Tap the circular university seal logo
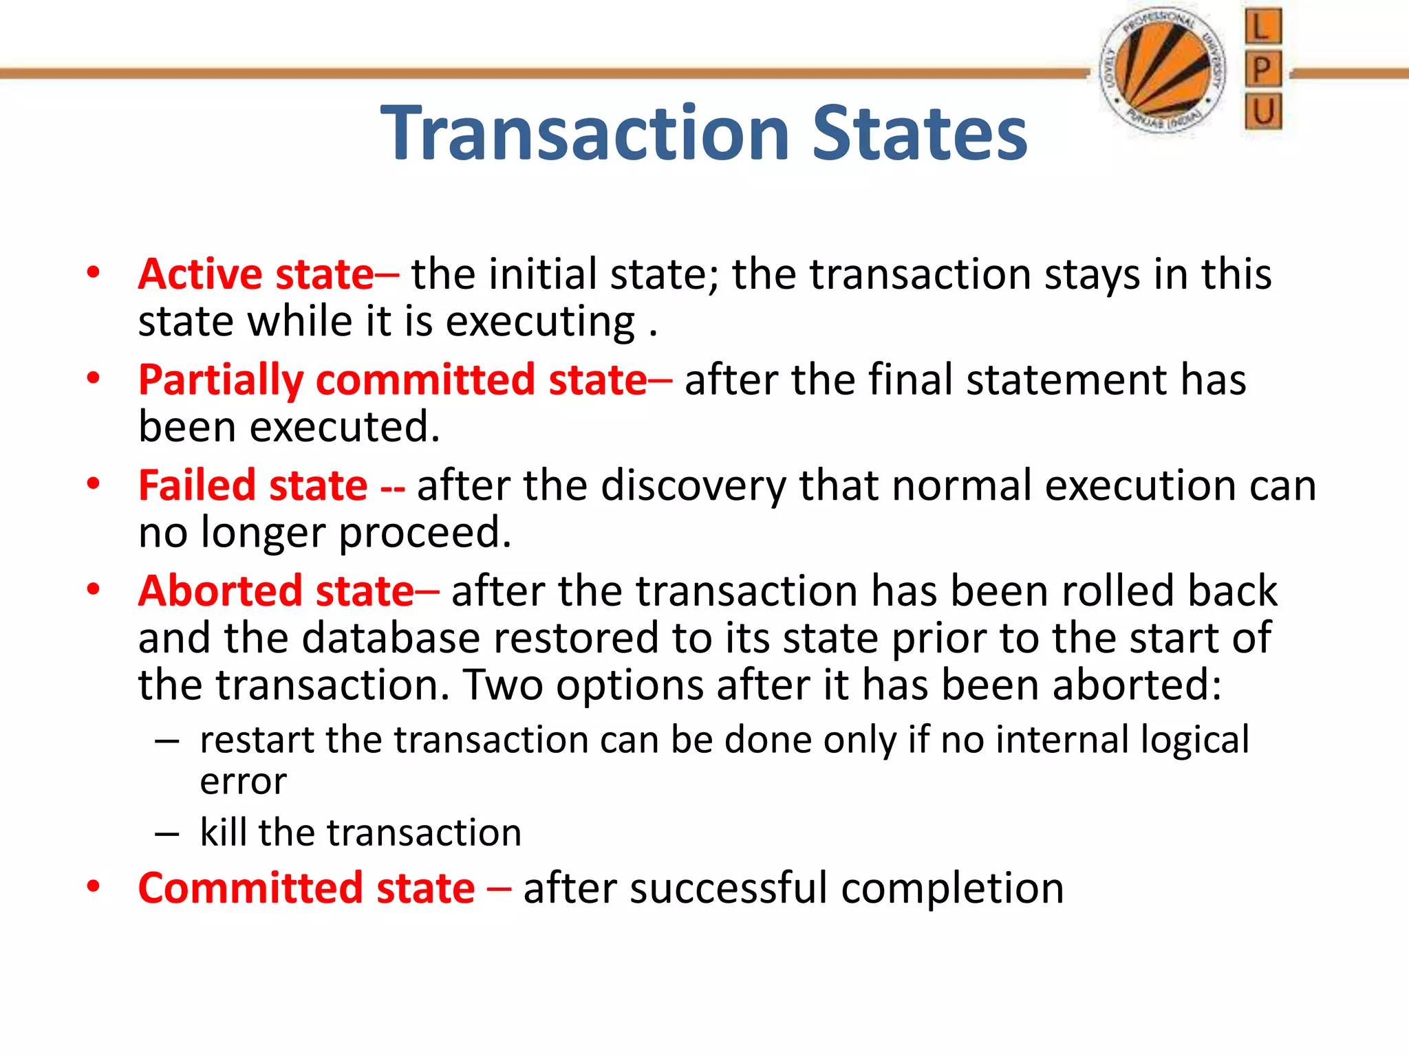pos(1162,69)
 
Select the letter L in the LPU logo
pos(1263,27)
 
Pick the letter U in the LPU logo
pos(1263,111)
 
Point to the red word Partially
pos(221,380)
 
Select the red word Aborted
pos(219,591)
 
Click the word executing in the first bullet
pos(540,322)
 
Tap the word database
pos(391,638)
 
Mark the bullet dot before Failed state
pos(93,483)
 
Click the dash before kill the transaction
pos(167,834)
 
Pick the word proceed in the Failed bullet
pos(425,533)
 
